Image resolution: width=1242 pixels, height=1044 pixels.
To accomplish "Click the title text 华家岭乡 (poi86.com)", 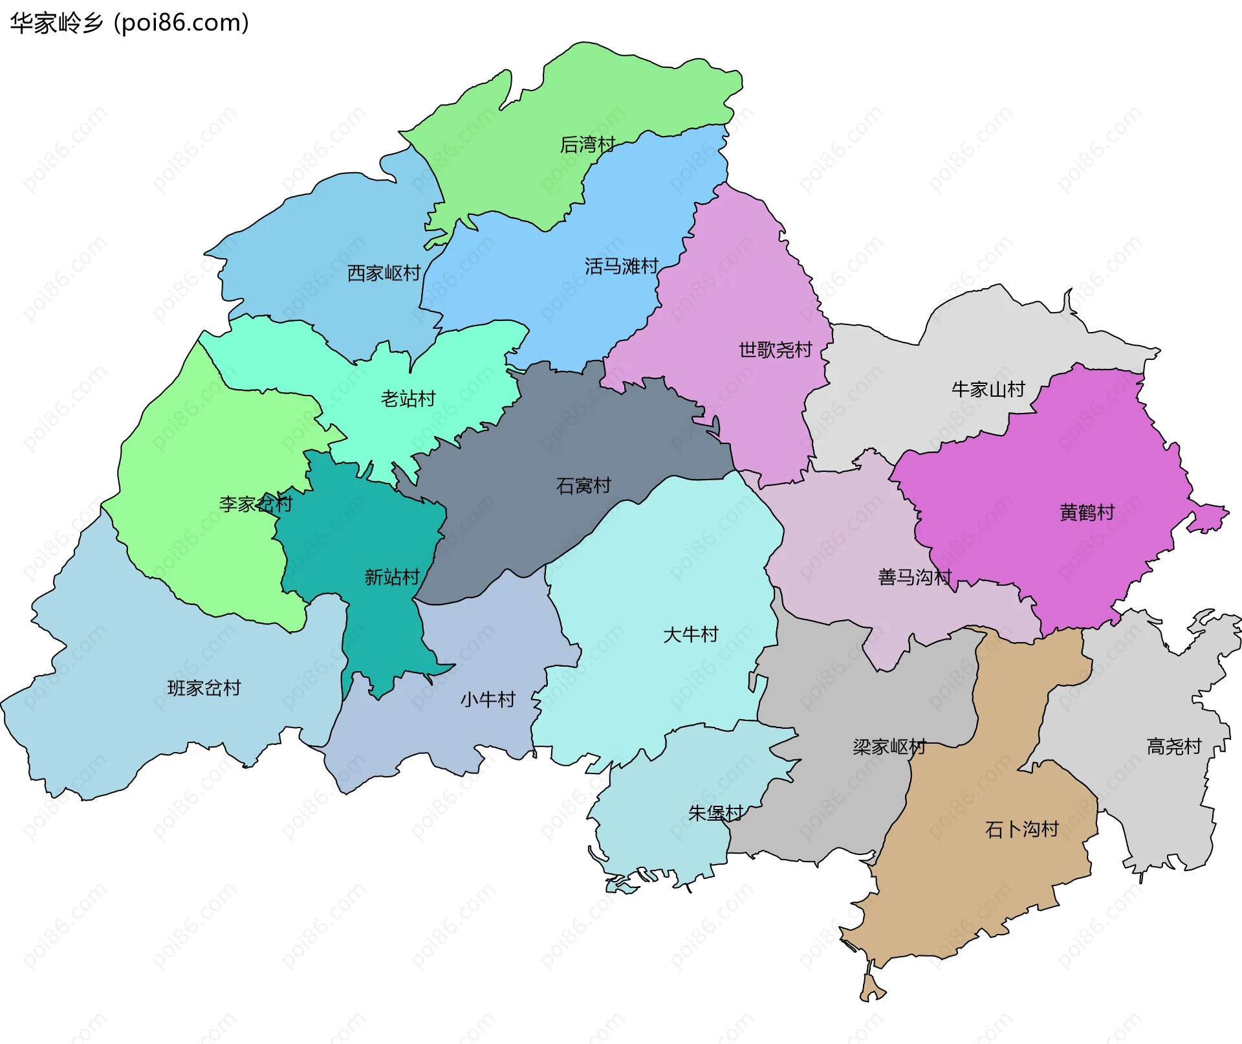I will tap(129, 23).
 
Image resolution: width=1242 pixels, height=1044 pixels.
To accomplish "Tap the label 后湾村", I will tap(587, 144).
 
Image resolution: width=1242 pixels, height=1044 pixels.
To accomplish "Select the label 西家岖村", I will tap(384, 273).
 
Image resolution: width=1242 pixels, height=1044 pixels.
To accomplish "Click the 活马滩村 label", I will tap(621, 266).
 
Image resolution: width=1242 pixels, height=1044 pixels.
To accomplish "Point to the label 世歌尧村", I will tap(775, 350).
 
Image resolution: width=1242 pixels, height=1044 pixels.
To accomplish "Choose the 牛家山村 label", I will tap(988, 389).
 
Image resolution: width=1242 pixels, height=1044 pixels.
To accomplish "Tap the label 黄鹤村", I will tap(1087, 512).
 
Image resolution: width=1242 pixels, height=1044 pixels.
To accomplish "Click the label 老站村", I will tap(408, 398).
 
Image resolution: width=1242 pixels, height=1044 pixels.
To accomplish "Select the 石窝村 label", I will tap(583, 485).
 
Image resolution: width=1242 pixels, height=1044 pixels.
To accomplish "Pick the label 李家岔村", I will tap(256, 504).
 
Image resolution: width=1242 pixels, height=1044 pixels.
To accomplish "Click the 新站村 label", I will tap(392, 577).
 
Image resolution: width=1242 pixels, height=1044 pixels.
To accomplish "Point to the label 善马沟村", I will tap(915, 577).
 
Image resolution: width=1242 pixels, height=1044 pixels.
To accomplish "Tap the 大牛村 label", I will tap(691, 634).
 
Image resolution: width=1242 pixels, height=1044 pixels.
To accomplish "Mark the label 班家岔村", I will tap(204, 687).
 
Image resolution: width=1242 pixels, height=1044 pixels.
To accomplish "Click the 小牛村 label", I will tap(488, 699).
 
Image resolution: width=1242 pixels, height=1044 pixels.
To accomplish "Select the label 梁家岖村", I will tap(889, 747).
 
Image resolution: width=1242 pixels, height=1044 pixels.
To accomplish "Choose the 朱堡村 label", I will tap(715, 813).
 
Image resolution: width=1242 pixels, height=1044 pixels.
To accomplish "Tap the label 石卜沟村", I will tap(1021, 829).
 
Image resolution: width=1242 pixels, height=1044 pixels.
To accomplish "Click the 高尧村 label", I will tap(1173, 746).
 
